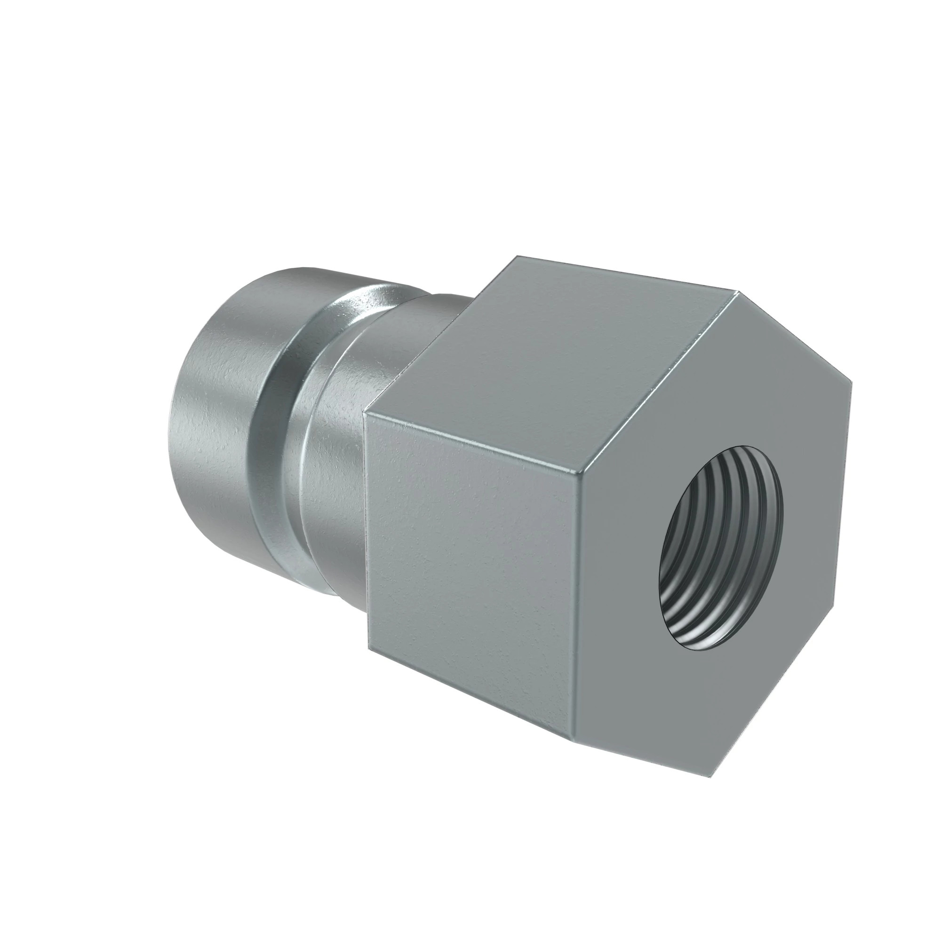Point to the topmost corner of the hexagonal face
739,292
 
